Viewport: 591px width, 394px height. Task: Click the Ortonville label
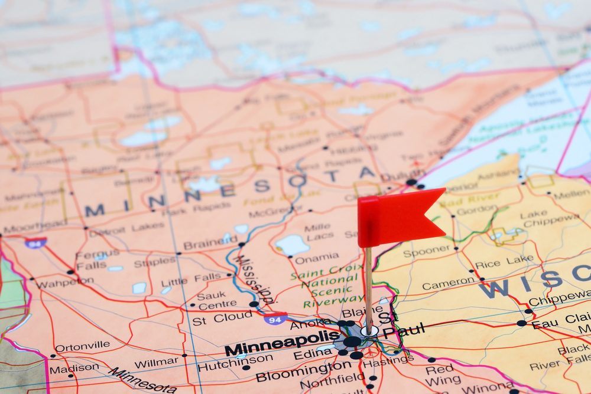click(x=82, y=346)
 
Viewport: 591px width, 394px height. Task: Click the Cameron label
click(x=449, y=284)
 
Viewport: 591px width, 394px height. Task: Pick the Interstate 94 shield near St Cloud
click(x=275, y=319)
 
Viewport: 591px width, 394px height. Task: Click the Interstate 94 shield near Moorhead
click(x=35, y=242)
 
